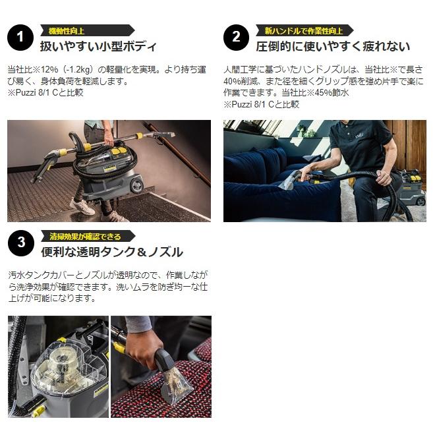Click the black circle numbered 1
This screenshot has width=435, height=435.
20,38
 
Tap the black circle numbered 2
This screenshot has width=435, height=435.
236,38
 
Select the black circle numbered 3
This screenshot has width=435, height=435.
21,243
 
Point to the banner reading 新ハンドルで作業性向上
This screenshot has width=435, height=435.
304,30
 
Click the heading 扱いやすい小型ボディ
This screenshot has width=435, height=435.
98,46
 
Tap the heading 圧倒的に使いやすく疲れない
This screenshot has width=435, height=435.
333,46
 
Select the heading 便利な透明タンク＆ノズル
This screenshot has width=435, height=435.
112,252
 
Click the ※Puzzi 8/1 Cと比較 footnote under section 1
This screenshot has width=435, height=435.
45,93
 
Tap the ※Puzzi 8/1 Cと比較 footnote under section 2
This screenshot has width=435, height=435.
262,104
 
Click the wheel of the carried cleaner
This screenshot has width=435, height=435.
136,185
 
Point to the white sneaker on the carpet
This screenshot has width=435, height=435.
82,206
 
